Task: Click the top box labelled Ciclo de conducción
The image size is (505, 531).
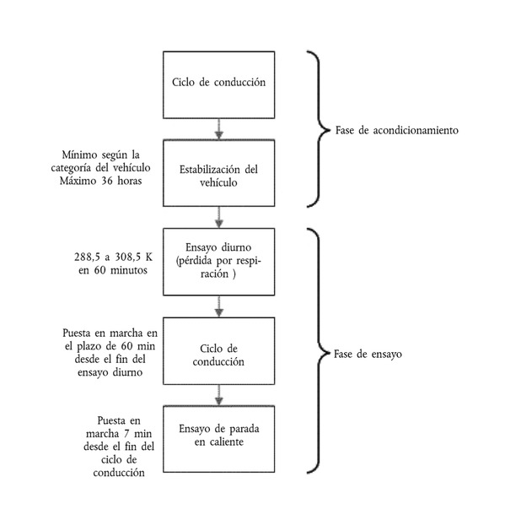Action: tap(218, 84)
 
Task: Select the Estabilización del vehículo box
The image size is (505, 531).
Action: tap(218, 173)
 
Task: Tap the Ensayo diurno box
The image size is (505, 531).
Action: tap(218, 262)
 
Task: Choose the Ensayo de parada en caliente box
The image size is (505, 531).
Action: tap(218, 439)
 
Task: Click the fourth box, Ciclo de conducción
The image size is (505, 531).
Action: tap(218, 351)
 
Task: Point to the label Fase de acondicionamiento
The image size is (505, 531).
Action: tap(397, 130)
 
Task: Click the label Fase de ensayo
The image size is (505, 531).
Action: tap(368, 355)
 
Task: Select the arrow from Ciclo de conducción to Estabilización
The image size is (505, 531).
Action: tap(219, 129)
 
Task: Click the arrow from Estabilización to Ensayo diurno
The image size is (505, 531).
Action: tap(219, 218)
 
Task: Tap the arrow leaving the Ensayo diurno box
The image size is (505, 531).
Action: tap(219, 306)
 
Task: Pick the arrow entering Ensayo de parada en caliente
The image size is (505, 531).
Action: tap(219, 395)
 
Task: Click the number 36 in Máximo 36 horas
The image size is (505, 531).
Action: tap(107, 181)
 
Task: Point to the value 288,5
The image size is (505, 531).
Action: tap(87, 257)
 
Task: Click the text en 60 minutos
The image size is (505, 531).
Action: tap(113, 270)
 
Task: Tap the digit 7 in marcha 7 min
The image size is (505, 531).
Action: tap(126, 434)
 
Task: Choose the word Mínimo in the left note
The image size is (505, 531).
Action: tap(79, 154)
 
